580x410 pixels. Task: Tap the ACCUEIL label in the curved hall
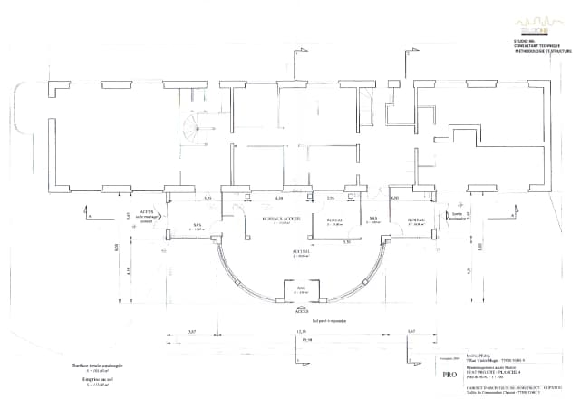point(300,252)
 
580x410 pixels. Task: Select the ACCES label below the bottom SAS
point(301,307)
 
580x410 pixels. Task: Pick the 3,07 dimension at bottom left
point(191,333)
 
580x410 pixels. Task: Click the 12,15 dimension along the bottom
point(302,333)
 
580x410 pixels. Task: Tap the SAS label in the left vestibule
point(197,227)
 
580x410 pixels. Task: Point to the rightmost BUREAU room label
point(416,219)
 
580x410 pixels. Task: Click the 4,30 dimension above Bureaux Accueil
point(278,197)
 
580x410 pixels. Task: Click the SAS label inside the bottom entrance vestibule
point(301,289)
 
